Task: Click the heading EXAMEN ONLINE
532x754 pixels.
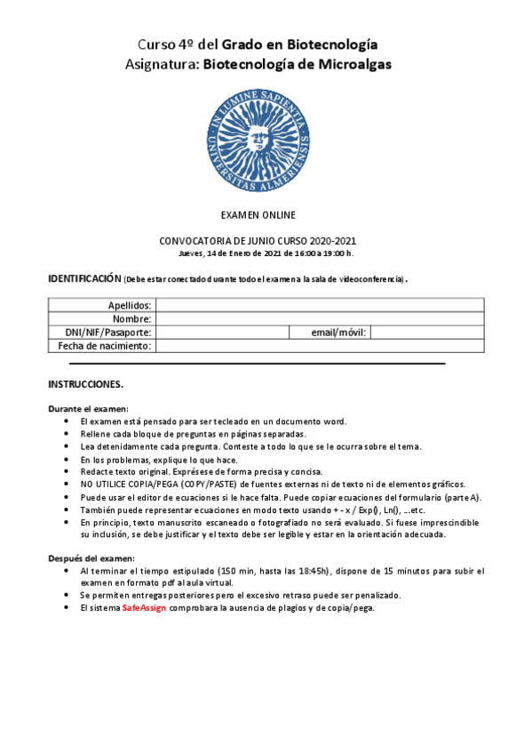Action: pos(258,215)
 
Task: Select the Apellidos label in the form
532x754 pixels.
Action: pos(130,305)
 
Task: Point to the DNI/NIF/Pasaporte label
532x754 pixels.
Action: pos(108,332)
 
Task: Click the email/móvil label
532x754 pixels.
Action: pos(338,332)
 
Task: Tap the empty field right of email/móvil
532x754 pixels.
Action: pos(427,332)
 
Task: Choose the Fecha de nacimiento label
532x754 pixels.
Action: pos(105,345)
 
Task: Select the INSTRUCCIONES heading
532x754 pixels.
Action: pos(85,385)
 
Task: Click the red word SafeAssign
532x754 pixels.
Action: pos(144,607)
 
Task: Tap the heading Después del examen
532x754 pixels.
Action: pos(90,557)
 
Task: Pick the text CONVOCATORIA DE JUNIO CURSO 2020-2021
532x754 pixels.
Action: pos(258,241)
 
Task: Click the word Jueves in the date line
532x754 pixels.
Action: pos(192,252)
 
